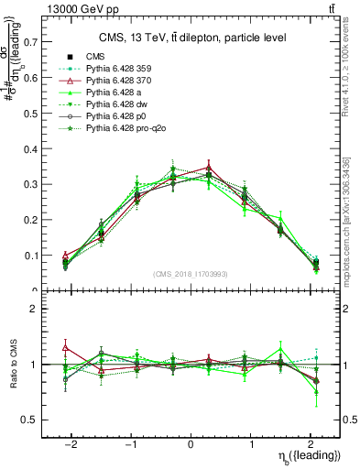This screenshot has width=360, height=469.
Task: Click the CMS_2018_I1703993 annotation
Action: point(191,275)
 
